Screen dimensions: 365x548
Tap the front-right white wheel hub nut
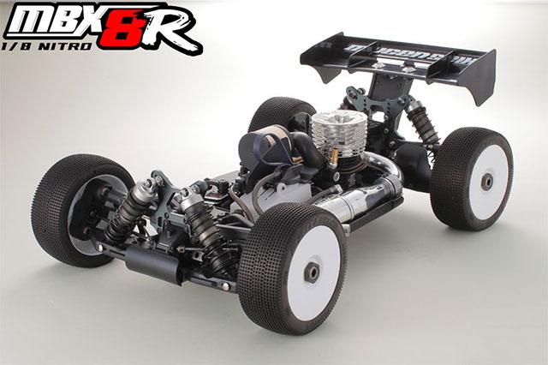[313, 271]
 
